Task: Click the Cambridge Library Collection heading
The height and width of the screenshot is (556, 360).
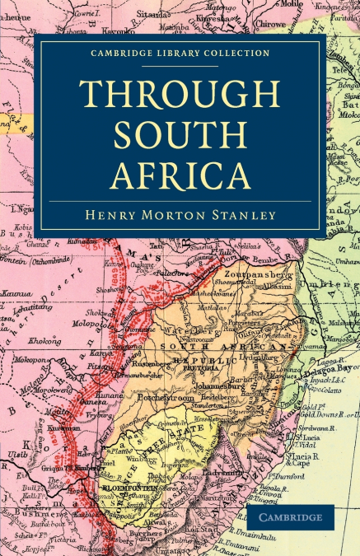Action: pyautogui.click(x=180, y=54)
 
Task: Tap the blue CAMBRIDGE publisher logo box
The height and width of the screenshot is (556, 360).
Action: pyautogui.click(x=292, y=517)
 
